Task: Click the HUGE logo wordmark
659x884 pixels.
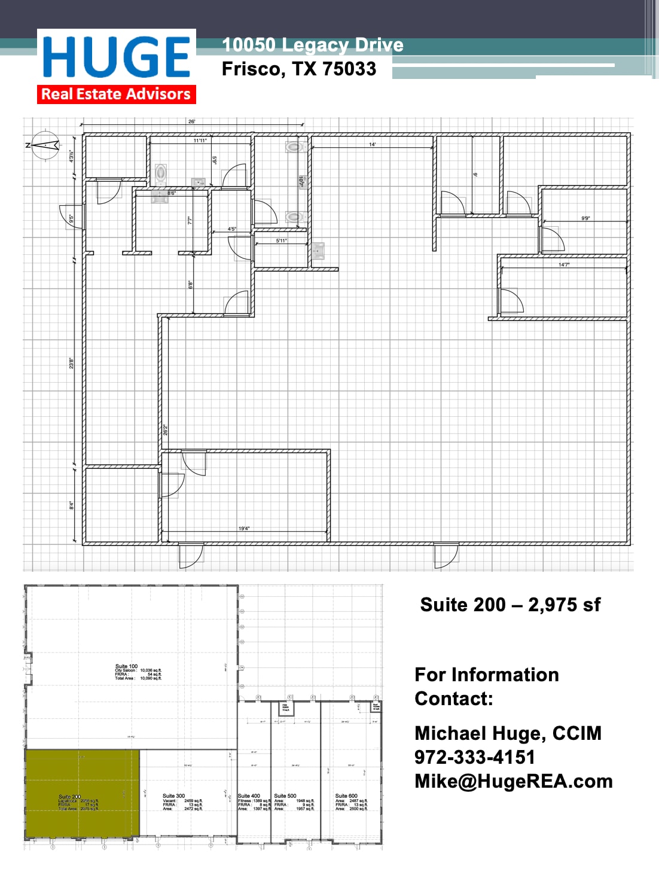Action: click(x=117, y=57)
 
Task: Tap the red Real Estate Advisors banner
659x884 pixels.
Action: click(x=116, y=95)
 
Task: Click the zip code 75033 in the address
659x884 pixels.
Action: click(x=349, y=69)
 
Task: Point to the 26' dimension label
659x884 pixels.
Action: click(x=191, y=121)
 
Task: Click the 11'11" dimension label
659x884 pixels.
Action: click(x=200, y=141)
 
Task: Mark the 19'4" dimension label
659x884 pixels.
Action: click(x=244, y=529)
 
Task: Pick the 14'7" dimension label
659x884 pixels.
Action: click(x=564, y=264)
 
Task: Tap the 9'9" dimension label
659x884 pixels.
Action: click(x=585, y=218)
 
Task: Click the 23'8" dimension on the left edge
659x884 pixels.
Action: click(x=72, y=363)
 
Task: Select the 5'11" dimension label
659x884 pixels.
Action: click(x=281, y=240)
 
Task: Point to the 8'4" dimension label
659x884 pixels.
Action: click(x=72, y=505)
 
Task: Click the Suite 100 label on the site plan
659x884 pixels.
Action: click(x=126, y=666)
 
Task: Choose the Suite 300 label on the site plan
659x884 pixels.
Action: click(x=173, y=796)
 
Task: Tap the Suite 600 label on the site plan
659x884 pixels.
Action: click(x=346, y=796)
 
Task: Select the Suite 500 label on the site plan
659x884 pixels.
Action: click(x=285, y=796)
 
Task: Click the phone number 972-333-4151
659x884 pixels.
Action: click(x=475, y=757)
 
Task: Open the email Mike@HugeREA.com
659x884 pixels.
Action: click(x=513, y=781)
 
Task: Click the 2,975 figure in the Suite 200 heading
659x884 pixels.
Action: click(x=554, y=605)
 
